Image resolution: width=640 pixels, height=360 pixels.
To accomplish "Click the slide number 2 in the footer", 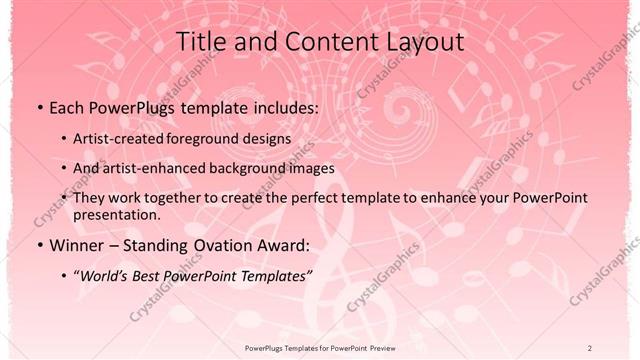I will [x=590, y=347].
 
